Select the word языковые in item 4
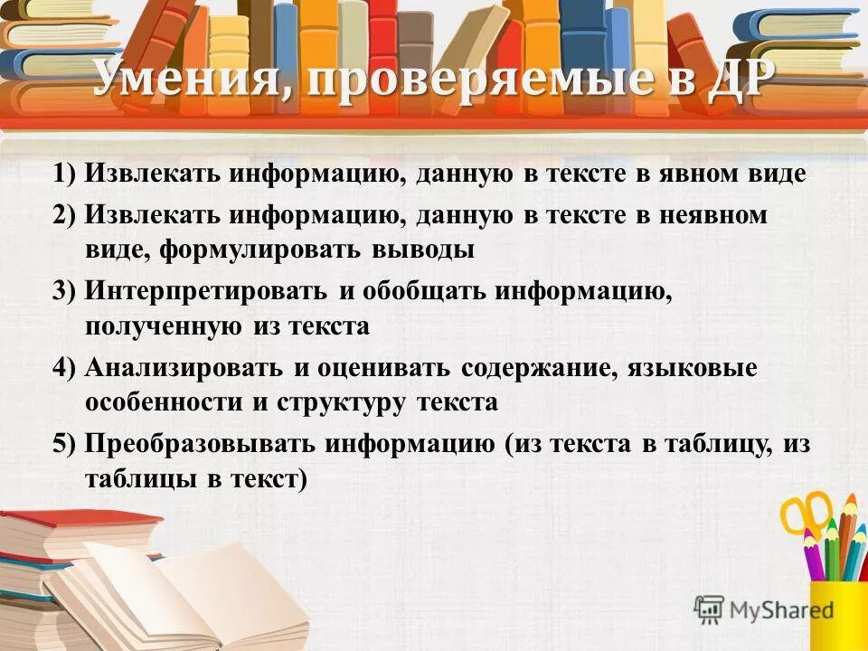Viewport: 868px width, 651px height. (x=706, y=369)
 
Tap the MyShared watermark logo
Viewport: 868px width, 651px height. (x=765, y=609)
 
